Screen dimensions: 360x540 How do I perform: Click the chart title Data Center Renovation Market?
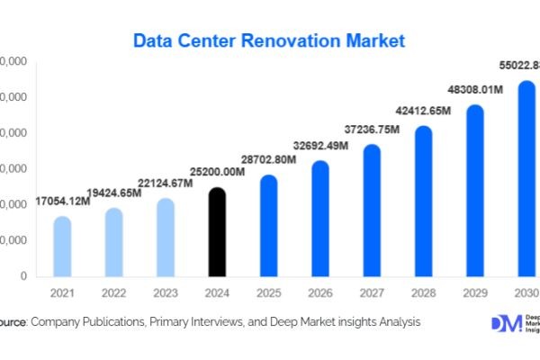(x=269, y=40)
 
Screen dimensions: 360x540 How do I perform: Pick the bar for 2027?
(x=371, y=211)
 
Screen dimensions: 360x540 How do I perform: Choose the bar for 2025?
(x=268, y=226)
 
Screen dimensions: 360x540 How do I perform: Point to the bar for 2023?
(x=165, y=238)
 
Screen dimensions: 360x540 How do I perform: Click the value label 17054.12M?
(x=62, y=200)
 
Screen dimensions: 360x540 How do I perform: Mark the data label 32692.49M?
(x=319, y=145)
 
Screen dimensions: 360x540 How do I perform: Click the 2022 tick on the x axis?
(x=113, y=293)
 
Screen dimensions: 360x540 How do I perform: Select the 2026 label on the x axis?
(x=319, y=293)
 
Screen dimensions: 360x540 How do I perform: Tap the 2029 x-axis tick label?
(x=474, y=293)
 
